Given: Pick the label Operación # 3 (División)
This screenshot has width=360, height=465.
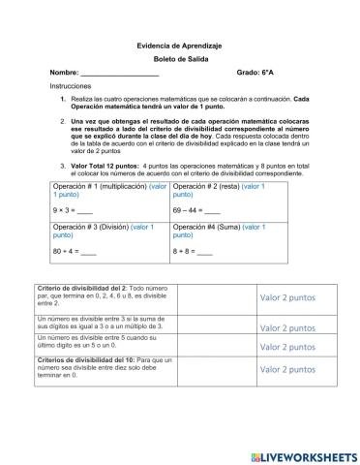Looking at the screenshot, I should pos(91,227).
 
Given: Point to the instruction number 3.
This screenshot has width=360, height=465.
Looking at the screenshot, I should pos(62,166).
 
